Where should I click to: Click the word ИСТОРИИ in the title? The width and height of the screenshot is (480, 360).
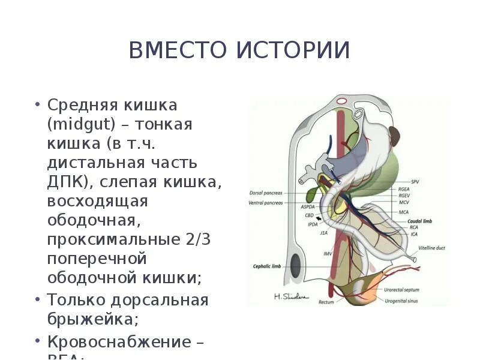(x=293, y=50)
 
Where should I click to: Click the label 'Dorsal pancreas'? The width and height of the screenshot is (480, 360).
(x=265, y=193)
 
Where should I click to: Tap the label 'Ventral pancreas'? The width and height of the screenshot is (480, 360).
(x=265, y=203)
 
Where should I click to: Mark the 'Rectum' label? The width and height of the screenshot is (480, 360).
(x=325, y=302)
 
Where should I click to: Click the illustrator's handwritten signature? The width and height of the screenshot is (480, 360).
(x=290, y=296)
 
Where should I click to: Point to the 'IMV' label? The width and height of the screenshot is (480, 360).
(x=328, y=254)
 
